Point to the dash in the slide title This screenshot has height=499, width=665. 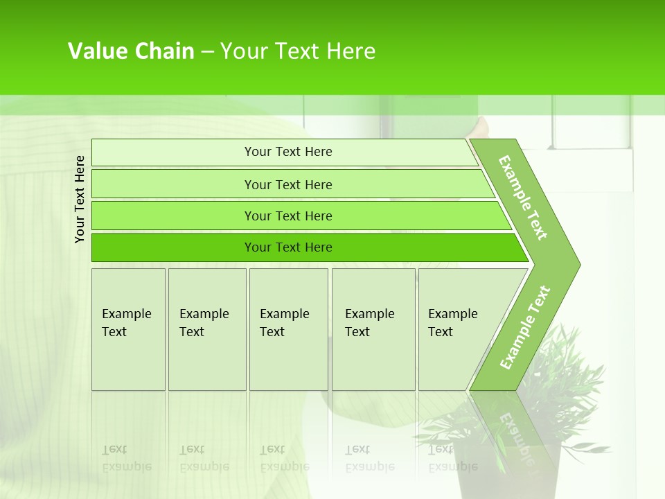[207, 52]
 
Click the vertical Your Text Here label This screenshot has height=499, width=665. [80, 199]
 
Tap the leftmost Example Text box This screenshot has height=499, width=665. [128, 329]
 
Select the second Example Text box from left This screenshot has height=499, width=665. [207, 329]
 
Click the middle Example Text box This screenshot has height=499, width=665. [288, 329]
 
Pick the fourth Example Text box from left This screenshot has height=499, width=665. [373, 329]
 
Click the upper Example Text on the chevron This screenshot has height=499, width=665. [523, 198]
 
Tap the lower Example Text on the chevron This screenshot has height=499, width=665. [525, 328]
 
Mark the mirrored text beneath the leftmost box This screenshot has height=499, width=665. [127, 459]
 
